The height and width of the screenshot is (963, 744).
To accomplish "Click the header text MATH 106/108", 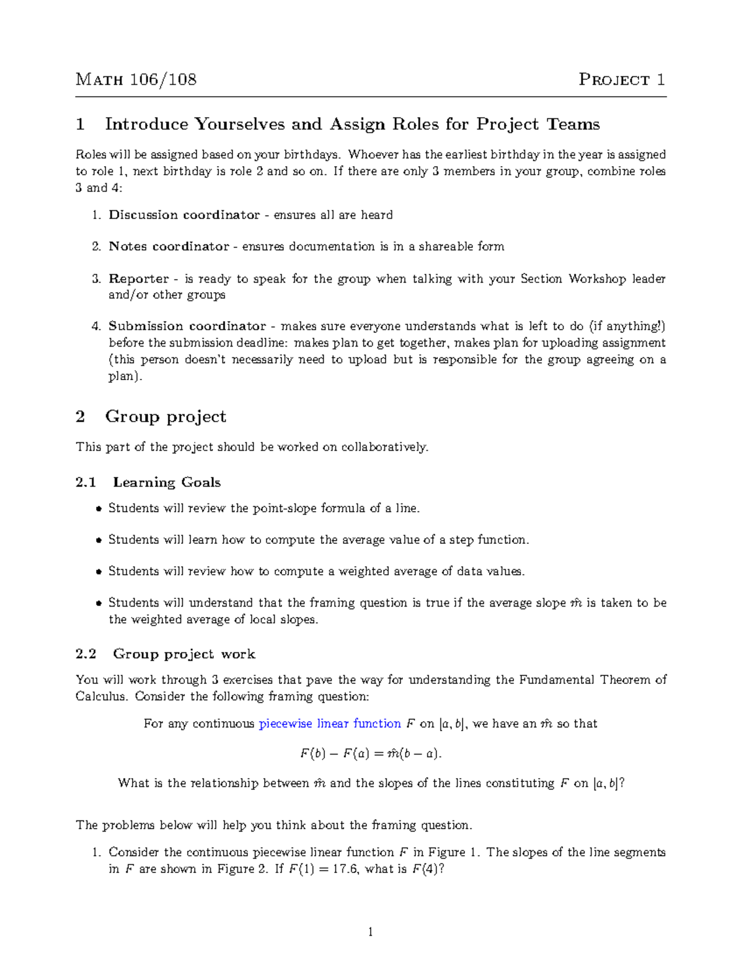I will pos(136,79).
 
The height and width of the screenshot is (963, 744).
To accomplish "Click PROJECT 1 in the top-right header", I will pos(622,79).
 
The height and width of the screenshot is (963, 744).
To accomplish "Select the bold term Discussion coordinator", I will pos(184,215).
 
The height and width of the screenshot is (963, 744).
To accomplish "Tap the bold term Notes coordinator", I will pos(169,246).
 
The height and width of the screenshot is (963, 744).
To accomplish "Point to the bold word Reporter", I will pos(139,278).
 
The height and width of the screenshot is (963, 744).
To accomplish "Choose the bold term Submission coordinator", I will pos(187,326).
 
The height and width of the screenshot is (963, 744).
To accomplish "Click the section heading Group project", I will pos(166,416).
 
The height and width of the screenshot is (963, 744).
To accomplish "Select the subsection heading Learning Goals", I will pos(167,482).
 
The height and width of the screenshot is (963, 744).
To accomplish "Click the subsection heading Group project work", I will pos(184,654).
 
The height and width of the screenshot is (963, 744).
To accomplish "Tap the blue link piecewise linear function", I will pos(330,724).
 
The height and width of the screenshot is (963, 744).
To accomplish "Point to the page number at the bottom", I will pos(370,931).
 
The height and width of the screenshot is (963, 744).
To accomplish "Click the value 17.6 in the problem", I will pos(345,869).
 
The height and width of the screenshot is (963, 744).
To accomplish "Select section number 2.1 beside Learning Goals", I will pos(86,482).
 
